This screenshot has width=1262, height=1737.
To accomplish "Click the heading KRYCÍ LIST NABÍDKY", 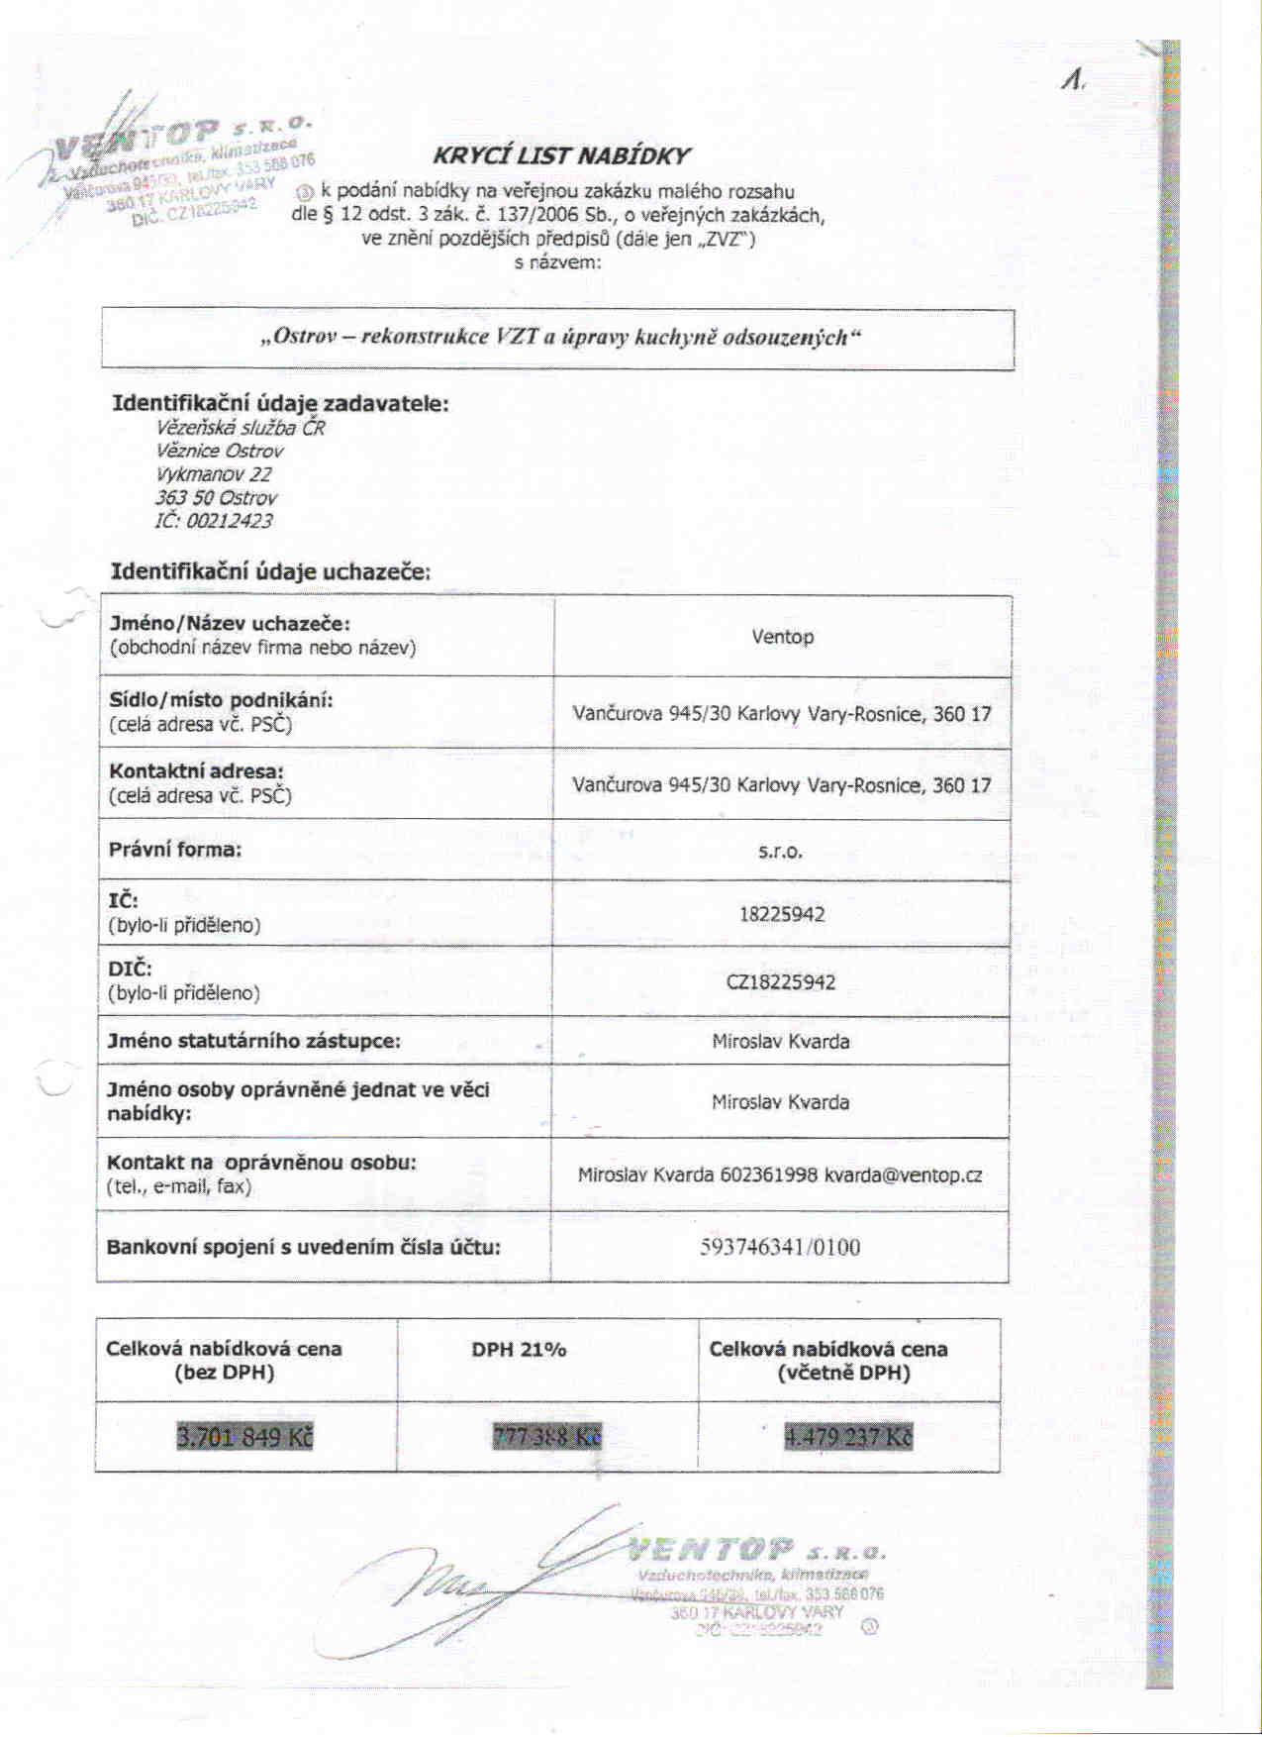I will click(561, 155).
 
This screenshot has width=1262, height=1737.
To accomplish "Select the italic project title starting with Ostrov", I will click(560, 337).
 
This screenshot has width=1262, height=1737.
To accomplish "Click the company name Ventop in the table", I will click(782, 637).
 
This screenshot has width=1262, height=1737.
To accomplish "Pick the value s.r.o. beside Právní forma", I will click(780, 851).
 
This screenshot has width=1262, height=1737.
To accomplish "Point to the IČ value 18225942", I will click(782, 914).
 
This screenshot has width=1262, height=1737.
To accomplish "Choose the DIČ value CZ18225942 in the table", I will click(781, 982).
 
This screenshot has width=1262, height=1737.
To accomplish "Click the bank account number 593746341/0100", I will click(780, 1247).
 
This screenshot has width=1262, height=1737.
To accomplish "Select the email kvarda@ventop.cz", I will click(903, 1175).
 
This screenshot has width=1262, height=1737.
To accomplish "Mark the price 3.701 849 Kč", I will click(244, 1436).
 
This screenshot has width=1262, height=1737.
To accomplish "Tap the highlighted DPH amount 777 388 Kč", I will click(546, 1436).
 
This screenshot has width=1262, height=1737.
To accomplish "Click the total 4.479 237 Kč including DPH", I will click(848, 1436).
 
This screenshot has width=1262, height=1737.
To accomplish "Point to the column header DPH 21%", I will click(519, 1350).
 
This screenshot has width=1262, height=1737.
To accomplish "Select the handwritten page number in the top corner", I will click(1073, 80).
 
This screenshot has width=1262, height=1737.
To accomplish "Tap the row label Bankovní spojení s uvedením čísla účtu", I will click(304, 1247).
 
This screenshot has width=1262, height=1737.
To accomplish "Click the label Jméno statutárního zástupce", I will click(254, 1041).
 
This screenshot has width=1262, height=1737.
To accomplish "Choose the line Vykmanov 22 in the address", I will click(214, 474).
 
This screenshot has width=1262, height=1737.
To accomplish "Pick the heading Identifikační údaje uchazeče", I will click(270, 571).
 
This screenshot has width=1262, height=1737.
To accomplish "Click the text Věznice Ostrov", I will click(220, 451).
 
